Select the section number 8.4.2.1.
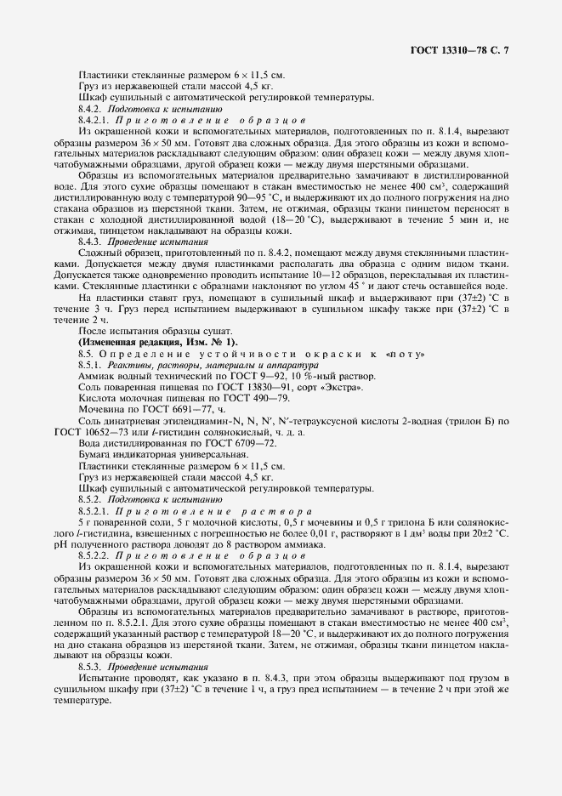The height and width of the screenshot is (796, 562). tap(98, 121)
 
